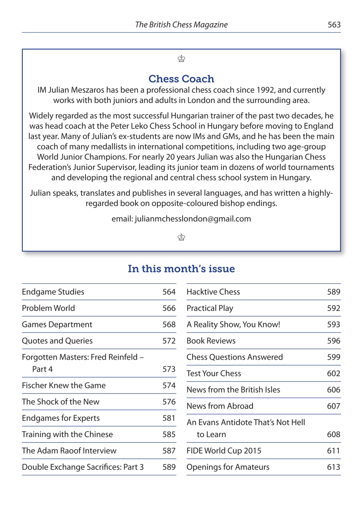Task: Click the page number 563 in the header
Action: (334, 25)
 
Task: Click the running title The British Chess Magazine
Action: (181, 25)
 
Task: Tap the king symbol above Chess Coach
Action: (181, 59)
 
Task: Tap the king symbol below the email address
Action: (181, 238)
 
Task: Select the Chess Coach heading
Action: (181, 79)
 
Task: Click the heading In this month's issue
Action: (181, 269)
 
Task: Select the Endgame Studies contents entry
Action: (53, 292)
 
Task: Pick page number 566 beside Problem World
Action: (169, 308)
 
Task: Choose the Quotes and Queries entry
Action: (57, 341)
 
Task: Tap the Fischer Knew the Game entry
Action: (64, 386)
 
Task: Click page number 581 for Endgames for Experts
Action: (169, 418)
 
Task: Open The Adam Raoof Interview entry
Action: (69, 451)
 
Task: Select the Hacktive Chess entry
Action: (213, 292)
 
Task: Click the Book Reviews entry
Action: (211, 341)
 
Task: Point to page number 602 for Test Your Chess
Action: (334, 374)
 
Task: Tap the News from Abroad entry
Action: (220, 406)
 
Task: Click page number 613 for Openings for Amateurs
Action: (334, 467)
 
